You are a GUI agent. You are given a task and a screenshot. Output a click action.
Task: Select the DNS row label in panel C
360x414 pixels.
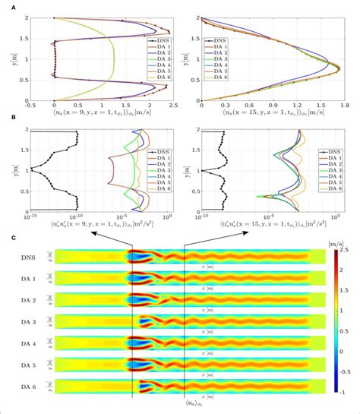28,259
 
